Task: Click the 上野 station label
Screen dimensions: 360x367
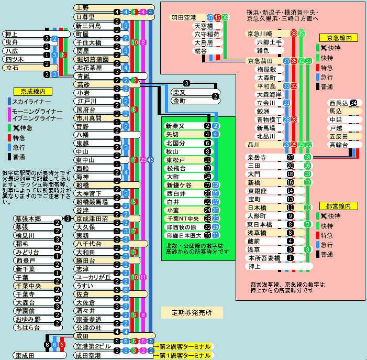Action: pos(83,8)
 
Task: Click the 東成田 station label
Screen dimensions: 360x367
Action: pos(26,355)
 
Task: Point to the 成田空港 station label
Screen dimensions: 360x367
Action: pos(88,355)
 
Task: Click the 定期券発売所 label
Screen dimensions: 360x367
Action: pos(192,313)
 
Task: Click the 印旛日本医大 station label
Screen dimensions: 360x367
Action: pos(182,235)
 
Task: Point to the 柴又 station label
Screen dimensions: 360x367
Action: pos(179,92)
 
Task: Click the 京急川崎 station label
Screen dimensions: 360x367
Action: pos(260,34)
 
